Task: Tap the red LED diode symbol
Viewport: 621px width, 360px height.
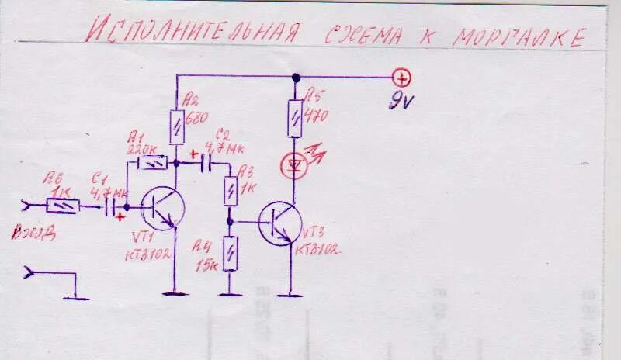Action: [x=294, y=164]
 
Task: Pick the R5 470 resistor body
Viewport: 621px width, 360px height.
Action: [x=295, y=117]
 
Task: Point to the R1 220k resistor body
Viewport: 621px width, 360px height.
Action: [x=151, y=164]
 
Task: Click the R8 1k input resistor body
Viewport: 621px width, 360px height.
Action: [x=62, y=206]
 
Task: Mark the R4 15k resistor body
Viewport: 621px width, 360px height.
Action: [x=230, y=253]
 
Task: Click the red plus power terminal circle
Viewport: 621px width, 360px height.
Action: [x=402, y=78]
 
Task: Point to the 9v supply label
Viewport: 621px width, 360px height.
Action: [x=402, y=101]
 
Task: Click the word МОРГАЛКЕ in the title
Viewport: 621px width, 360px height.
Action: [x=517, y=35]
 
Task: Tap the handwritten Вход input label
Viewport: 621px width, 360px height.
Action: [x=33, y=232]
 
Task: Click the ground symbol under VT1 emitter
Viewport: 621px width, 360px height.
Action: [x=177, y=293]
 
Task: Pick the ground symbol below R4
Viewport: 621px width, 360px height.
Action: [x=230, y=294]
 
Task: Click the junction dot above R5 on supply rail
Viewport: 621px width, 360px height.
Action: [x=295, y=78]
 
